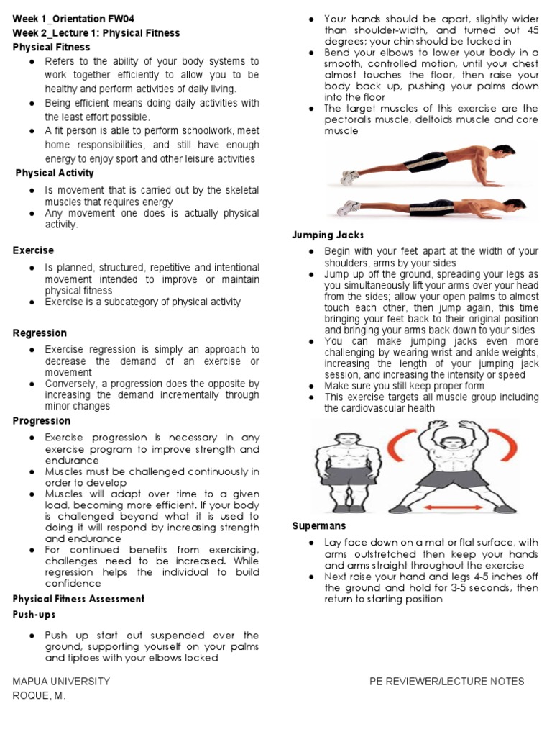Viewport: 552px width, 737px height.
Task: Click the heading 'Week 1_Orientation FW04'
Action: tap(73, 19)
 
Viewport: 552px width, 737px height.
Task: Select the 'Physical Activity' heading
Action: tap(55, 173)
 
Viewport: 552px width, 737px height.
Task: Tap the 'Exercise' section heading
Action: tap(33, 250)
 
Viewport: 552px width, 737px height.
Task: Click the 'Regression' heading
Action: tap(40, 333)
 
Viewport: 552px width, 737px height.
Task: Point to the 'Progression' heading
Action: tap(42, 421)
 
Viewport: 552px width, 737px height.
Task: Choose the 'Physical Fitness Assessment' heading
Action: tap(78, 599)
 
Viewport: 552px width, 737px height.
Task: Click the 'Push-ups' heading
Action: tap(34, 615)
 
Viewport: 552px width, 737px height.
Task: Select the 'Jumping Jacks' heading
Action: tap(328, 235)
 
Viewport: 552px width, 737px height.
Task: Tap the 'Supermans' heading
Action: tap(319, 526)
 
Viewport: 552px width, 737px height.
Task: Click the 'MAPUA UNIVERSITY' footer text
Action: tap(61, 681)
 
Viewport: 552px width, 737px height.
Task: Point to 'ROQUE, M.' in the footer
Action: tap(39, 696)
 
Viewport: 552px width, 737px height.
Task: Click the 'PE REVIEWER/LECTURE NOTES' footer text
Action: tap(446, 681)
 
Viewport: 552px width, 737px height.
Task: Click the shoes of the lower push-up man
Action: tap(348, 209)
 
